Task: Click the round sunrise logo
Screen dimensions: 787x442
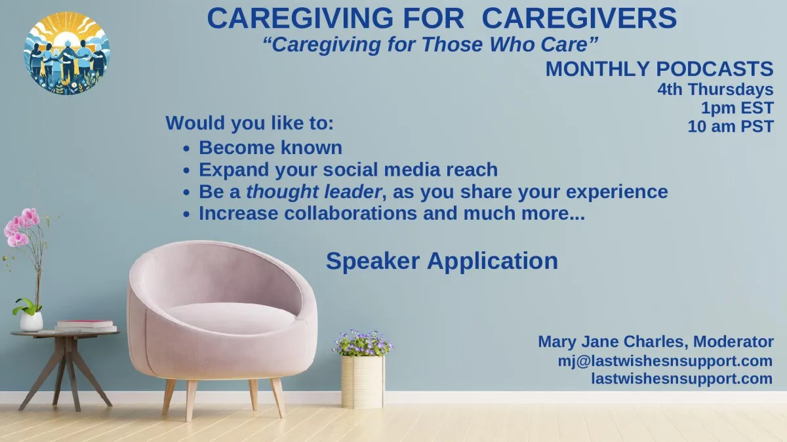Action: coord(67,53)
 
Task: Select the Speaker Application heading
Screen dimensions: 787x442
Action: coord(442,262)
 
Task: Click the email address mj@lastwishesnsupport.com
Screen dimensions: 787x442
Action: coord(665,361)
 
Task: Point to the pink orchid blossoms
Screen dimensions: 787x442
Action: coord(21,227)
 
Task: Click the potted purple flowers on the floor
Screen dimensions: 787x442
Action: coord(363,369)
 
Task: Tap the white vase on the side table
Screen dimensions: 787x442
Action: coord(31,321)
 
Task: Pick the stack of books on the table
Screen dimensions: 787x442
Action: coord(86,326)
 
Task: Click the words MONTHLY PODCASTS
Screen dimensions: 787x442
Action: coord(660,68)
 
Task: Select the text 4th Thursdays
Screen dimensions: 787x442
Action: coord(716,89)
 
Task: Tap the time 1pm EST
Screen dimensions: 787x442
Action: coord(737,108)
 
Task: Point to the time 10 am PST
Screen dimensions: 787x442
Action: coord(731,127)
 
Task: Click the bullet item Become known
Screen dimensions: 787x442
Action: coord(270,148)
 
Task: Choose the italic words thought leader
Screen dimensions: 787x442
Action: coord(313,192)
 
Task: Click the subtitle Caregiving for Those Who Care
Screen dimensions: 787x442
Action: coord(430,45)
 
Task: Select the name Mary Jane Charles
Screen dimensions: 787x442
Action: coord(611,342)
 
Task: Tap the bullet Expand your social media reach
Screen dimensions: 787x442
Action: coord(348,170)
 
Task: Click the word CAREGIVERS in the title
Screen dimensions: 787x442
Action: coord(579,18)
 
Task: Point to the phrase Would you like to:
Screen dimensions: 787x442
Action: coord(249,123)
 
